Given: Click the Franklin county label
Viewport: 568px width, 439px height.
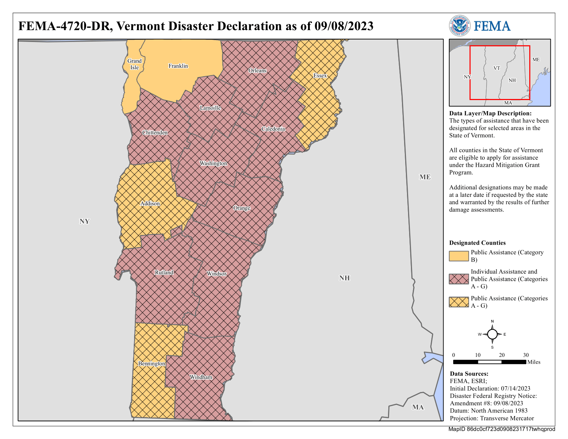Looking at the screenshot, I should coord(178,66).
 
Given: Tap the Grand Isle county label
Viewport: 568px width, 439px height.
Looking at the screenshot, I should coord(134,64).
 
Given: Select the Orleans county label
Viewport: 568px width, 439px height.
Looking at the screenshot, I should coord(257,71).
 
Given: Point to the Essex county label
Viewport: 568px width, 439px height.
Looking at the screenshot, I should coord(320,76).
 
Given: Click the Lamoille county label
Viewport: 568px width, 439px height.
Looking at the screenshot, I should coord(210,108).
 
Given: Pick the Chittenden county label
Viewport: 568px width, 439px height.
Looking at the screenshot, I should coord(155,133).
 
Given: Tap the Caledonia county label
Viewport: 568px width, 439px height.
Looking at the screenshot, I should coord(273,129).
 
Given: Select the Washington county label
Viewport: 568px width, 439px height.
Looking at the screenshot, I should coord(213,164).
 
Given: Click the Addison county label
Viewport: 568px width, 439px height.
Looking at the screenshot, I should coord(150,204).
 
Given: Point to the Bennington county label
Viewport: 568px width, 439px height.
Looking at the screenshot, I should coord(152,364).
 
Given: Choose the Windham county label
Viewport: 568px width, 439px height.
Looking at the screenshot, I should coord(201,377).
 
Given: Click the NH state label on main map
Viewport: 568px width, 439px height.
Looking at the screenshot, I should coord(344,278).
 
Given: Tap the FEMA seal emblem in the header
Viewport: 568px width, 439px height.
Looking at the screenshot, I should coord(460,26).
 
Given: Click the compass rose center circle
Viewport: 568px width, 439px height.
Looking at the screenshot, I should coord(492,334).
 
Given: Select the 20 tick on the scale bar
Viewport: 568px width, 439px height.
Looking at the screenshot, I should coord(502,355).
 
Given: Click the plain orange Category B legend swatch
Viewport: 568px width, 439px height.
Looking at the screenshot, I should coord(459,256).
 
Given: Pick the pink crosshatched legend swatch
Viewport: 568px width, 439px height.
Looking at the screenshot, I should coord(459,279).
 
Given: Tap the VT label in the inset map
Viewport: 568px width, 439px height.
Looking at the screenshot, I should coord(497,68).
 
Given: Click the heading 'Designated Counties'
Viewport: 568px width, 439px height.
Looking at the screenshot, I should coord(477,243).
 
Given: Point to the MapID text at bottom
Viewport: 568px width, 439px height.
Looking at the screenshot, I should coord(501,429).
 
